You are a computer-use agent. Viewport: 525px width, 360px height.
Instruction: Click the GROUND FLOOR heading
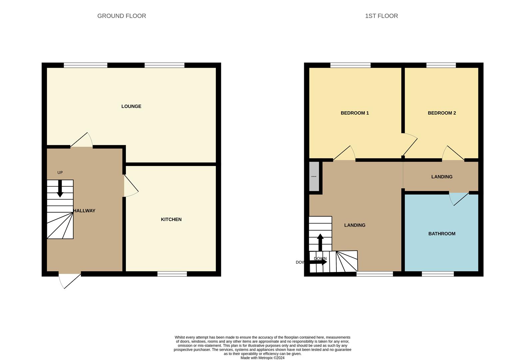pyautogui.click(x=122, y=16)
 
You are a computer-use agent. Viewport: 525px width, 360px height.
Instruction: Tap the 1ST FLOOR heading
pyautogui.click(x=381, y=16)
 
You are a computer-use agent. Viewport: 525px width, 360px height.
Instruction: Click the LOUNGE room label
pyautogui.click(x=131, y=106)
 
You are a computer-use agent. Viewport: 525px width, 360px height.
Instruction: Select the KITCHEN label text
pyautogui.click(x=171, y=219)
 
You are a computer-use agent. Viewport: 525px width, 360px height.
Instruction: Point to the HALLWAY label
pyautogui.click(x=84, y=211)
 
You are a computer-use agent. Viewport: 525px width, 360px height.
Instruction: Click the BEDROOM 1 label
pyautogui.click(x=355, y=113)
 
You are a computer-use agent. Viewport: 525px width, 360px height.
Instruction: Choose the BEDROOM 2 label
pyautogui.click(x=442, y=113)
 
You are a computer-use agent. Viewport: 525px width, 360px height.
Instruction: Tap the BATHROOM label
pyautogui.click(x=442, y=234)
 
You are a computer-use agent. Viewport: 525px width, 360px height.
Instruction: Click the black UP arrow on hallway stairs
pyautogui.click(x=60, y=188)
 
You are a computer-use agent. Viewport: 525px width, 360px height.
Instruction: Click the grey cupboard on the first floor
pyautogui.click(x=314, y=176)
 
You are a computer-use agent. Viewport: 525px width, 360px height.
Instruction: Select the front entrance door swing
pyautogui.click(x=69, y=280)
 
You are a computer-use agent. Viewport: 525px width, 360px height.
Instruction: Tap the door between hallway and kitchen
pyautogui.click(x=130, y=186)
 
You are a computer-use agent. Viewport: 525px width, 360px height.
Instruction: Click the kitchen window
pyautogui.click(x=172, y=274)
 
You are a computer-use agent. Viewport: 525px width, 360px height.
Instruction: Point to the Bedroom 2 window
pyautogui.click(x=441, y=65)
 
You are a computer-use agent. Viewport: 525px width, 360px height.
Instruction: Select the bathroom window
pyautogui.click(x=438, y=274)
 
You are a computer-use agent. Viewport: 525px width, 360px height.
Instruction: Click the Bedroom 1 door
pyautogui.click(x=345, y=154)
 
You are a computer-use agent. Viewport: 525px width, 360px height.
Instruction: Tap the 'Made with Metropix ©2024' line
pyautogui.click(x=262, y=358)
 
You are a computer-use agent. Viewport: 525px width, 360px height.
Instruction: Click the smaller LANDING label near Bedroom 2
pyautogui.click(x=442, y=177)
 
